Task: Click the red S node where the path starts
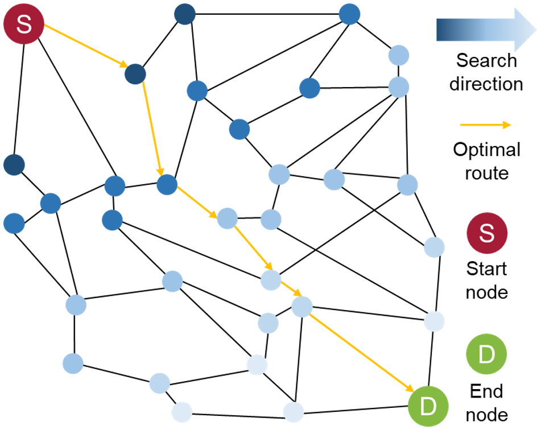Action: tap(23, 24)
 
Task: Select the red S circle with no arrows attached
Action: tap(486, 233)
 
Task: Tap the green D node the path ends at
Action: tap(428, 406)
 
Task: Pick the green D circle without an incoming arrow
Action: tap(486, 354)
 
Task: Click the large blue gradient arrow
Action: tap(484, 30)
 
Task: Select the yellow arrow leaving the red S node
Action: tap(85, 46)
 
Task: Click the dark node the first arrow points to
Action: tap(135, 74)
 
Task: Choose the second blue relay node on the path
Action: tap(167, 184)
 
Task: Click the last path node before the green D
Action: tap(302, 307)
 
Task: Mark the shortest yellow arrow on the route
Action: tap(291, 288)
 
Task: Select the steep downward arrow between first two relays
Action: tap(152, 128)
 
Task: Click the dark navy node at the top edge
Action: tap(184, 14)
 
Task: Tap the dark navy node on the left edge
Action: tap(14, 164)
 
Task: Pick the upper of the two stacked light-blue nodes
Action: tap(399, 56)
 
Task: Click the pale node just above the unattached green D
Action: tap(434, 321)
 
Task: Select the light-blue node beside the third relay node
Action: tap(271, 220)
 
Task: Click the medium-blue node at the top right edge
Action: tap(349, 14)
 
